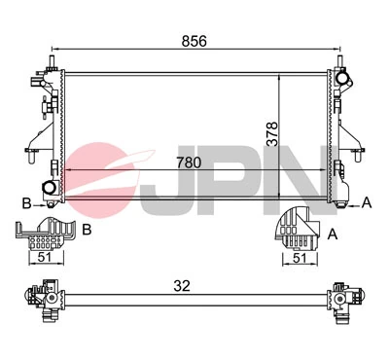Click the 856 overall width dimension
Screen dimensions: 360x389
click(192, 40)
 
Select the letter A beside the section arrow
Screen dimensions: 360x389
click(367, 202)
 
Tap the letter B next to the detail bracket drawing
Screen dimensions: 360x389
click(87, 230)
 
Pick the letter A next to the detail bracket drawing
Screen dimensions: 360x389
click(334, 234)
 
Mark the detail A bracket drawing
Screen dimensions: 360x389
click(296, 230)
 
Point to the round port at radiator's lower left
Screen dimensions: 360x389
click(48, 187)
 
